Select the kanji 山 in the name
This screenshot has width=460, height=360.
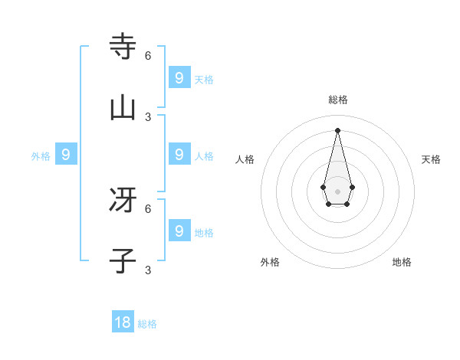tap(123, 109)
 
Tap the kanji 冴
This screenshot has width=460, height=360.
tap(123, 201)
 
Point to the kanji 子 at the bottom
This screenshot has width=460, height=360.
tap(123, 262)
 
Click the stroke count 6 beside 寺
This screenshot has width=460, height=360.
tap(148, 55)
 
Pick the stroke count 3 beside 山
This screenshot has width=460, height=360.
tap(148, 116)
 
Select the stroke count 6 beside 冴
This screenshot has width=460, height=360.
tap(148, 208)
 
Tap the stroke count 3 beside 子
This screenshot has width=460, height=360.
tap(148, 270)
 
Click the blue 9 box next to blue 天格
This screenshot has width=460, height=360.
tap(179, 77)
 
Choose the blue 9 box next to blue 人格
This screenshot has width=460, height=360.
tap(179, 154)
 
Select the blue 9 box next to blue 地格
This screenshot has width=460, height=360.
tap(179, 231)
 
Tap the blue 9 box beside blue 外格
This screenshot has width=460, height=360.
tap(66, 155)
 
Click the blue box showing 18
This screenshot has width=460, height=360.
tap(123, 322)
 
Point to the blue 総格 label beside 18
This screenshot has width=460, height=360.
tap(147, 324)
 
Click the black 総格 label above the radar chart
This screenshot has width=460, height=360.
tap(337, 100)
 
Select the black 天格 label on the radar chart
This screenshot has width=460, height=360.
tap(431, 159)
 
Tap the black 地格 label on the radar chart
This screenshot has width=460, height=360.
tap(402, 262)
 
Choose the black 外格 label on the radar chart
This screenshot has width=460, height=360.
tap(270, 262)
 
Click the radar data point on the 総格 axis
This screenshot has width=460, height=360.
tap(337, 129)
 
